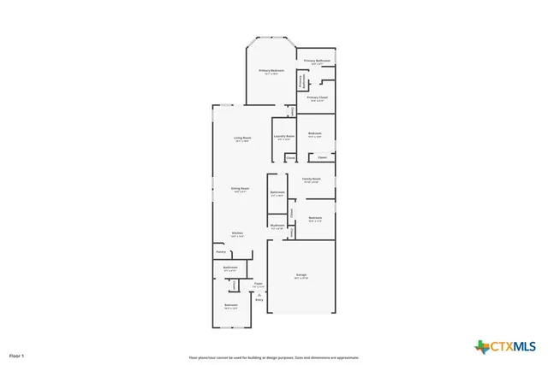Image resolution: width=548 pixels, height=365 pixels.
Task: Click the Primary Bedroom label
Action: click(x=272, y=70)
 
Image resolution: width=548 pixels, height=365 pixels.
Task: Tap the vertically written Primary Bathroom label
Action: click(x=301, y=81)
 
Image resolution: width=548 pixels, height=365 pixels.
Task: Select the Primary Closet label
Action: click(x=316, y=97)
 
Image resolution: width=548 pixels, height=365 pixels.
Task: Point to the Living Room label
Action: click(x=242, y=138)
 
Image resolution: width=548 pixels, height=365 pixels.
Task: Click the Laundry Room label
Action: click(x=284, y=135)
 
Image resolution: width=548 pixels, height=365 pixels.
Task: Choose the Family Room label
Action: click(x=311, y=179)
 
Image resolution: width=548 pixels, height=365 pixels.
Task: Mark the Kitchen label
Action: click(x=237, y=233)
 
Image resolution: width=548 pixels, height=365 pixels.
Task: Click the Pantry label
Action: click(x=220, y=252)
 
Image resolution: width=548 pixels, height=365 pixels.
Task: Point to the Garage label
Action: click(x=301, y=274)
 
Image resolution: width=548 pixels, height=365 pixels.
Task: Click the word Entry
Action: click(x=259, y=300)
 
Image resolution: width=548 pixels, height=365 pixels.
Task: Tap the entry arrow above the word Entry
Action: click(x=259, y=293)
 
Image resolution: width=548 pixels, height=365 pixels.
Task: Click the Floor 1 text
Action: click(x=17, y=355)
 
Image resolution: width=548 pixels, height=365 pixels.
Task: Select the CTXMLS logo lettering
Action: click(x=513, y=346)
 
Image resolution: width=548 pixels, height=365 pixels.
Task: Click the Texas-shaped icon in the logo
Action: click(x=481, y=346)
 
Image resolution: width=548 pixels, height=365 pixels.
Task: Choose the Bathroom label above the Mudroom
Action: click(x=277, y=192)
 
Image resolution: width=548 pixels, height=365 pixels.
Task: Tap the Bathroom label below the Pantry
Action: click(x=230, y=268)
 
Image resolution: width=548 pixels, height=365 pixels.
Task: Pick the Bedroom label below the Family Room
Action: click(x=315, y=218)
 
